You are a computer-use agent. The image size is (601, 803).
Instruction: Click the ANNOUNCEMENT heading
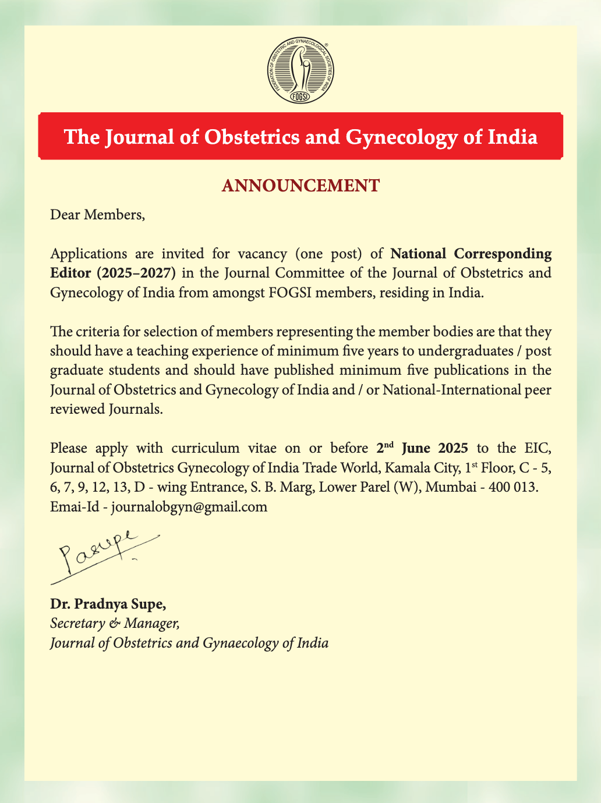point(300,186)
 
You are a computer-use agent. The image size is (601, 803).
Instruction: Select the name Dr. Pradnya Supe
point(108,604)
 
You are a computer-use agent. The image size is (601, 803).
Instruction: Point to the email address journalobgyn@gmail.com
point(189,506)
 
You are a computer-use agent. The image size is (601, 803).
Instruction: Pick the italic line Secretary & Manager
point(115,623)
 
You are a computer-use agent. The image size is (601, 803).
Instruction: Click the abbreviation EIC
point(537,448)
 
